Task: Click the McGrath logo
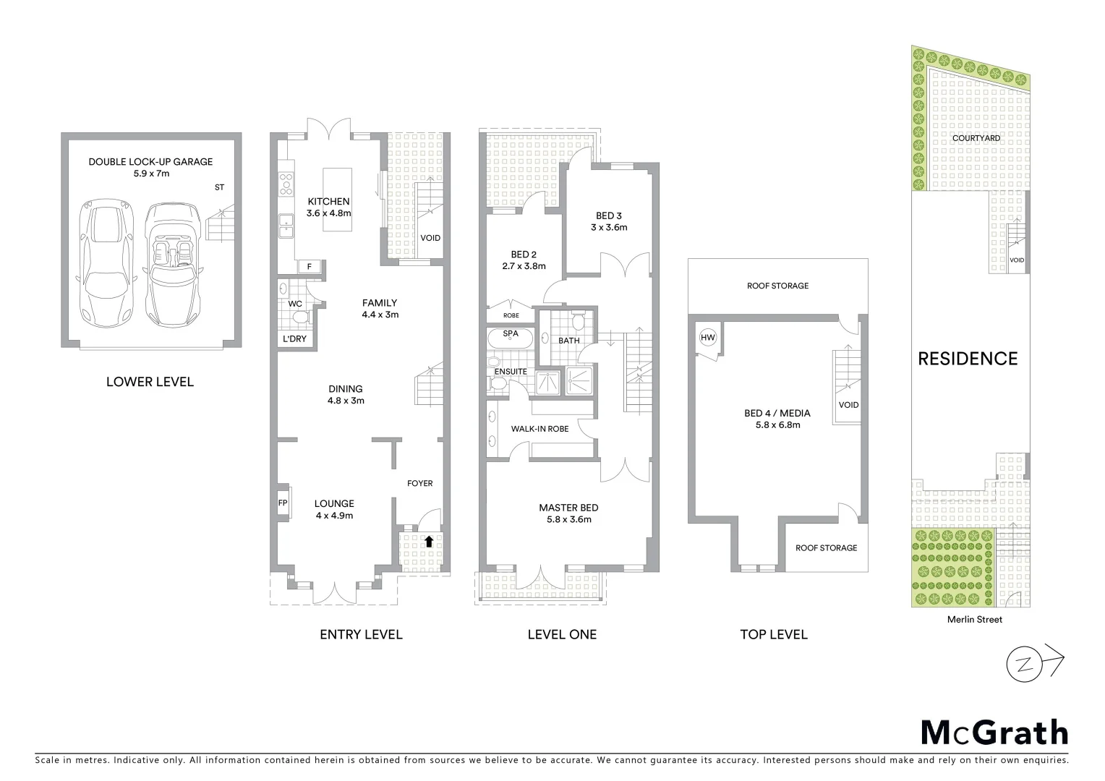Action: coord(994,733)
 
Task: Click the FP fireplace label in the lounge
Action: coord(283,503)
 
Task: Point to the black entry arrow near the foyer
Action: coord(429,540)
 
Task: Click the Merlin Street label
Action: coord(975,619)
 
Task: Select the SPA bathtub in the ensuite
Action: coord(511,338)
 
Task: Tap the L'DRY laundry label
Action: coord(294,338)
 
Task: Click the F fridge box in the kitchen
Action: coord(310,266)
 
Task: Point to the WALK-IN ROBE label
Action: coord(539,429)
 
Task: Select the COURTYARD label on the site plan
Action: coord(976,138)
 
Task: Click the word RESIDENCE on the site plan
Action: coord(967,359)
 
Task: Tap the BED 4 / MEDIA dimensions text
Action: coord(777,425)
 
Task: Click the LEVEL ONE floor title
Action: coord(562,634)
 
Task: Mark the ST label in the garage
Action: coord(219,187)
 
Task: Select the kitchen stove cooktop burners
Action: coord(286,184)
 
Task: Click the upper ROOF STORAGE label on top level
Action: coord(777,286)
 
